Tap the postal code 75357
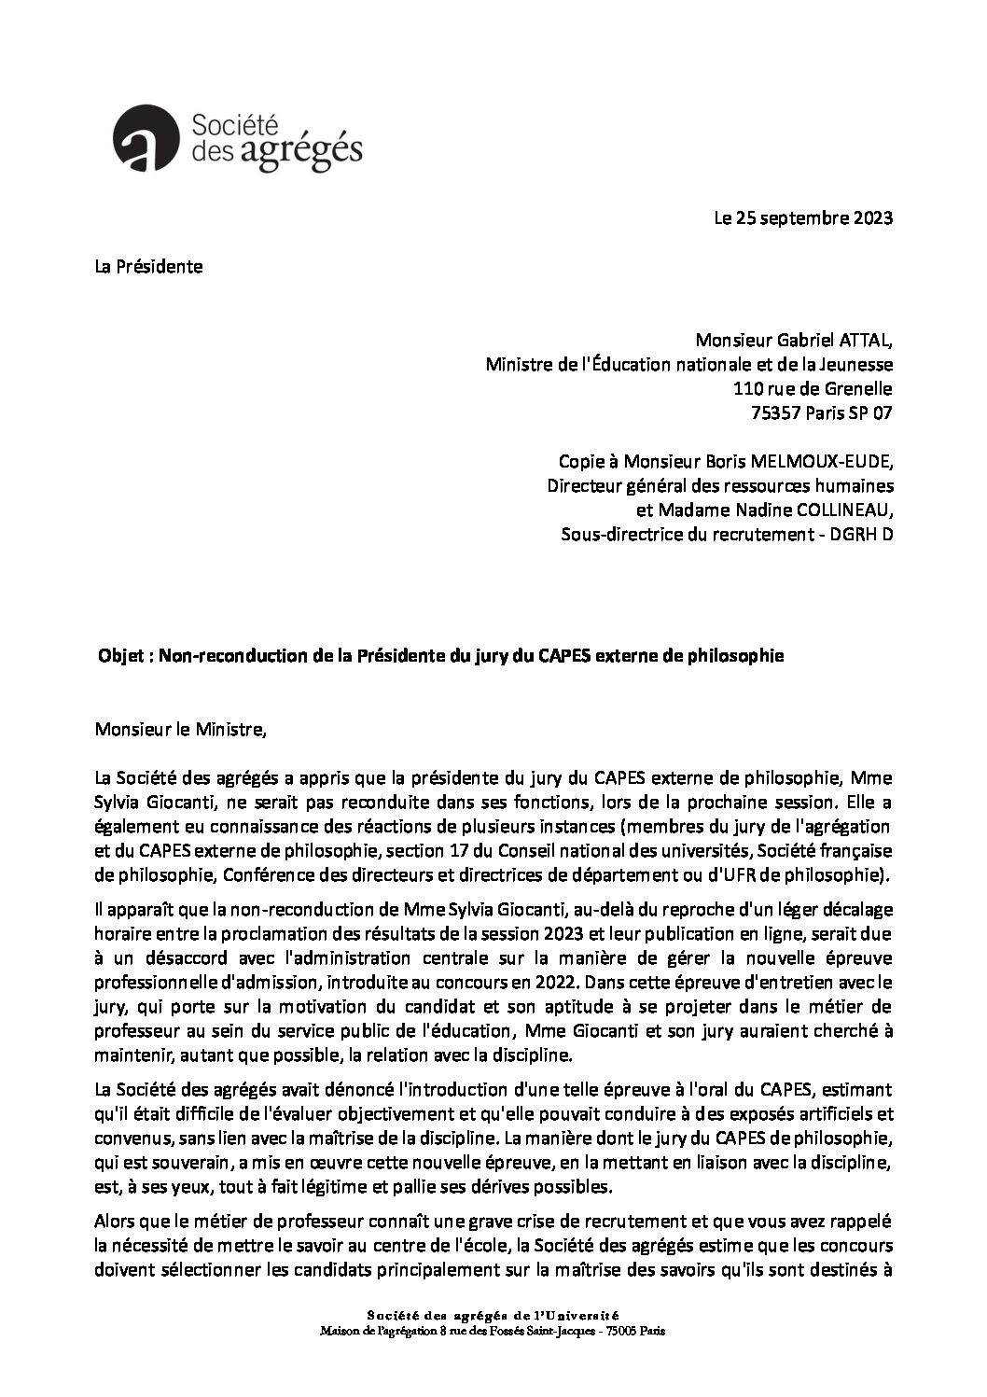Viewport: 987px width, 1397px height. (x=750, y=413)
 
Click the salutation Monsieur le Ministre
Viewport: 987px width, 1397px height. (x=181, y=729)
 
